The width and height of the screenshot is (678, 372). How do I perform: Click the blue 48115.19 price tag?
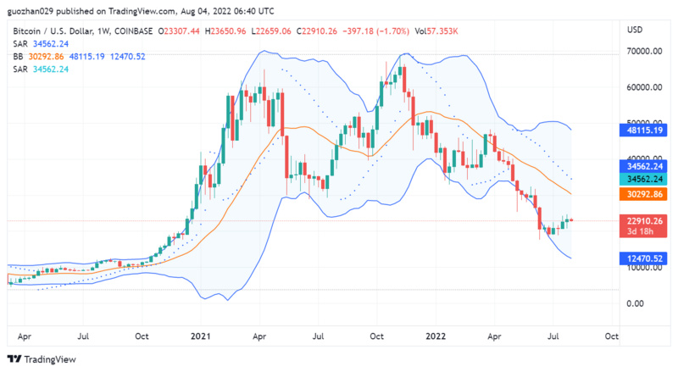tap(644, 130)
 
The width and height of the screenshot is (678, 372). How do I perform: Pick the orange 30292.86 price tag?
tap(644, 194)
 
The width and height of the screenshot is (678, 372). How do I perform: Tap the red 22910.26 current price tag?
tap(644, 221)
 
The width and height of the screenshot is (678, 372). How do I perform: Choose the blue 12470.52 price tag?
tap(644, 258)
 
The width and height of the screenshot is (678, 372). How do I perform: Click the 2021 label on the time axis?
tap(201, 336)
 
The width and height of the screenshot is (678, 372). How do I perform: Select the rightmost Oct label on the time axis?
tap(611, 336)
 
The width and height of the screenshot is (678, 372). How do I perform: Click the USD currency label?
tap(634, 31)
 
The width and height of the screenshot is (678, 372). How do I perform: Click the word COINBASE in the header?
tap(134, 31)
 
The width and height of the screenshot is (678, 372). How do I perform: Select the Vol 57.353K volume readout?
tap(437, 31)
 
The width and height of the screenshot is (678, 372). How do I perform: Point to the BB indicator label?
tap(18, 56)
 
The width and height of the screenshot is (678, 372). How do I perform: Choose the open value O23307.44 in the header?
tap(182, 31)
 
